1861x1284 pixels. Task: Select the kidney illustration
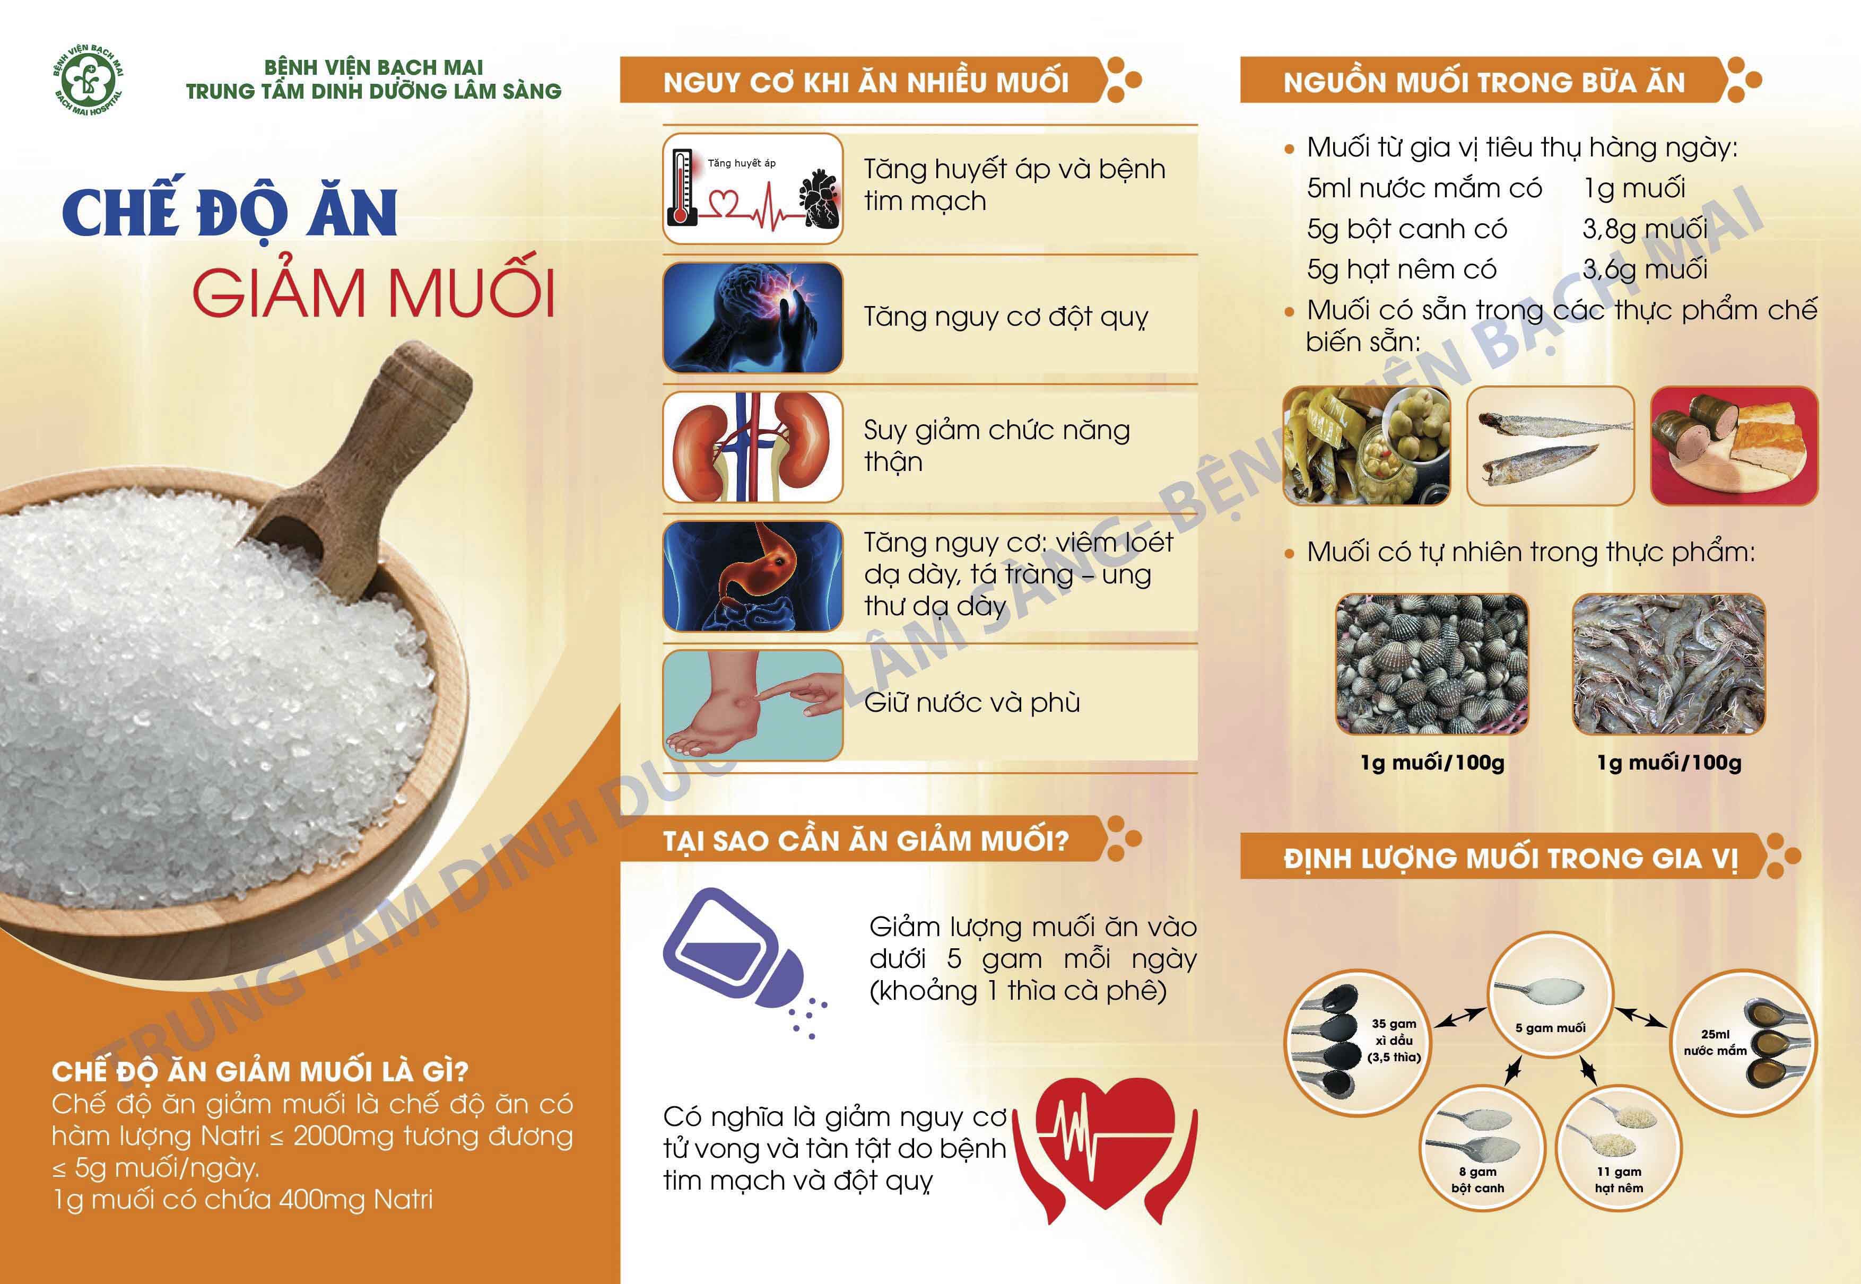click(x=752, y=447)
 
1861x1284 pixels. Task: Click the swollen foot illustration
click(x=752, y=705)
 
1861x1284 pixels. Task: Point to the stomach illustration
click(x=752, y=575)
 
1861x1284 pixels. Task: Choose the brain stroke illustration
click(x=752, y=317)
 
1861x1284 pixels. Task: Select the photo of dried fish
click(x=1551, y=446)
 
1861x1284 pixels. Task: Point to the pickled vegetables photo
click(x=1366, y=446)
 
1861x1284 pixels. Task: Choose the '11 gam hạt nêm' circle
click(x=1619, y=1149)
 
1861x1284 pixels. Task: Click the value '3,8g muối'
click(x=1645, y=229)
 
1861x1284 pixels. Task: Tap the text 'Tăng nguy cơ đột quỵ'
click(x=1006, y=318)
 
